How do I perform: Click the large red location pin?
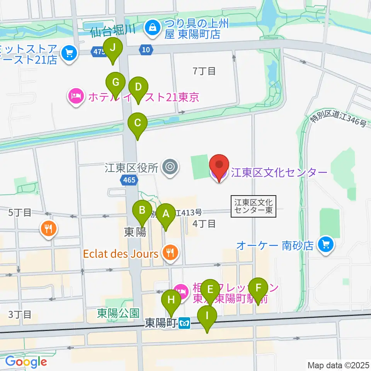click(x=219, y=167)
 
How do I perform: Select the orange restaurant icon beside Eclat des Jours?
click(x=169, y=253)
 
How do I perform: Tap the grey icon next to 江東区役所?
click(x=170, y=167)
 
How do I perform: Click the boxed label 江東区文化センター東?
click(x=254, y=206)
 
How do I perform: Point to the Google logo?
click(x=26, y=362)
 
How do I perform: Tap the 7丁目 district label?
click(x=204, y=71)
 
